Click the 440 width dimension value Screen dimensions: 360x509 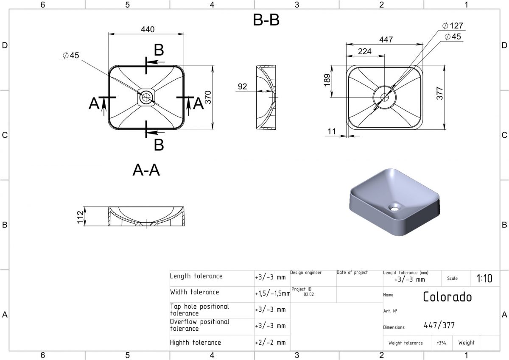tap(147, 29)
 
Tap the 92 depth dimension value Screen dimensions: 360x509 tap(243, 87)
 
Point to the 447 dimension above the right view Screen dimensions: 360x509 tap(386, 39)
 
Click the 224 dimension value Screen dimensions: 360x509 tap(365, 52)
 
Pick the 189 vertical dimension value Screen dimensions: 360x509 tap(327, 80)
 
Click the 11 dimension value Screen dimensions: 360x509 tap(332, 132)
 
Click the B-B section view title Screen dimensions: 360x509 tap(266, 20)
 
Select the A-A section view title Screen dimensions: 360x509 tap(146, 170)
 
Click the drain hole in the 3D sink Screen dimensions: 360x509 tap(395, 207)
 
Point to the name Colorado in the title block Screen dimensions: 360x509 tap(447, 296)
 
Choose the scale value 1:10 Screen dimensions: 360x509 tap(484, 279)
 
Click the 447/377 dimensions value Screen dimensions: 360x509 tap(439, 326)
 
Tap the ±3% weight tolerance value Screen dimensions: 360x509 tap(441, 343)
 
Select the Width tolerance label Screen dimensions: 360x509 tap(195, 292)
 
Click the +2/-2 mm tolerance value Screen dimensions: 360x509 tap(270, 343)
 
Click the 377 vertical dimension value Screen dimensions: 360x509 tap(439, 93)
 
